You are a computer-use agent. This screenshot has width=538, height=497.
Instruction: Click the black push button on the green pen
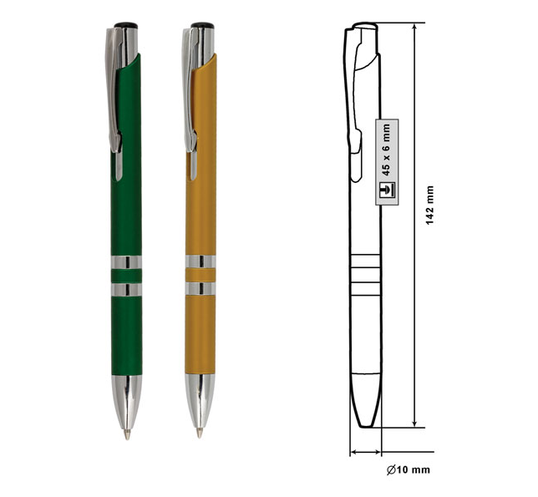126,25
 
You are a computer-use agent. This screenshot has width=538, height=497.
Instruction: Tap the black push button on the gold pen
202,25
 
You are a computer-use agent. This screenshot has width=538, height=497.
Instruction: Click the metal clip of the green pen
114,99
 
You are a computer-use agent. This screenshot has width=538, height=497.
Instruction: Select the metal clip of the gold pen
190,99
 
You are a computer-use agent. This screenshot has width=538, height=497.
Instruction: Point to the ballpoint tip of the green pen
127,435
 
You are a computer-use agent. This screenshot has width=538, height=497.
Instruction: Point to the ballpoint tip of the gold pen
200,433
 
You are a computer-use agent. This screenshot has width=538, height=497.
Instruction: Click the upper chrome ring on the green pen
126,262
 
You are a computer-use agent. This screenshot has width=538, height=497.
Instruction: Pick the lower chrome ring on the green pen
126,290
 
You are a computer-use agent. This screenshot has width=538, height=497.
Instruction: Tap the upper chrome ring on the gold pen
200,261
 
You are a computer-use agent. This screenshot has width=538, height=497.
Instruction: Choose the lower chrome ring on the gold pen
200,288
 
